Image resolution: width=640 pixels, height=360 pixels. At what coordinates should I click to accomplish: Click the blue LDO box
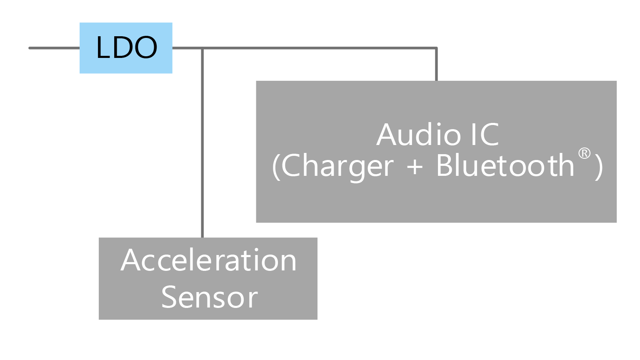click(126, 48)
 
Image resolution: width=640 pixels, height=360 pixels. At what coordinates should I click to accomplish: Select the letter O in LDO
click(146, 47)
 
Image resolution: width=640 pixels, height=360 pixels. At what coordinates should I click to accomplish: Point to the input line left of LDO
click(54, 48)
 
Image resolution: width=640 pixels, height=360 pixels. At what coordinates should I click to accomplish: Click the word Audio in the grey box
click(419, 134)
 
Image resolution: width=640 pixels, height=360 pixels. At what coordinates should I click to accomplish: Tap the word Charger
click(337, 166)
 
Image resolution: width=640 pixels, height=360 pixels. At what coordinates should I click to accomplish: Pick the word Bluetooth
click(505, 165)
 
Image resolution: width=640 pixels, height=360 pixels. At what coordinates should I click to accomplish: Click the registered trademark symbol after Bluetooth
click(584, 153)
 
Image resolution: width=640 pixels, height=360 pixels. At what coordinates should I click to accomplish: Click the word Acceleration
click(209, 260)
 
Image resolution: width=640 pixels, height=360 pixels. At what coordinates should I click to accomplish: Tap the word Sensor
click(210, 297)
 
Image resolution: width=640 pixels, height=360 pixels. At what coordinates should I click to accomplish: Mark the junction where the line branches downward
click(202, 48)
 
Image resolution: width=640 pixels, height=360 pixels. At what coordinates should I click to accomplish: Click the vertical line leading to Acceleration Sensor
click(202, 143)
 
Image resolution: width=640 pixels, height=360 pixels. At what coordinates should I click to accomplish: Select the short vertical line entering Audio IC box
click(436, 65)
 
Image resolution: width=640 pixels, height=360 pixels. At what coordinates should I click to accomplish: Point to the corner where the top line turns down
click(436, 48)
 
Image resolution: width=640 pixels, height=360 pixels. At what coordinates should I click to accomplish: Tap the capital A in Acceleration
click(130, 260)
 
